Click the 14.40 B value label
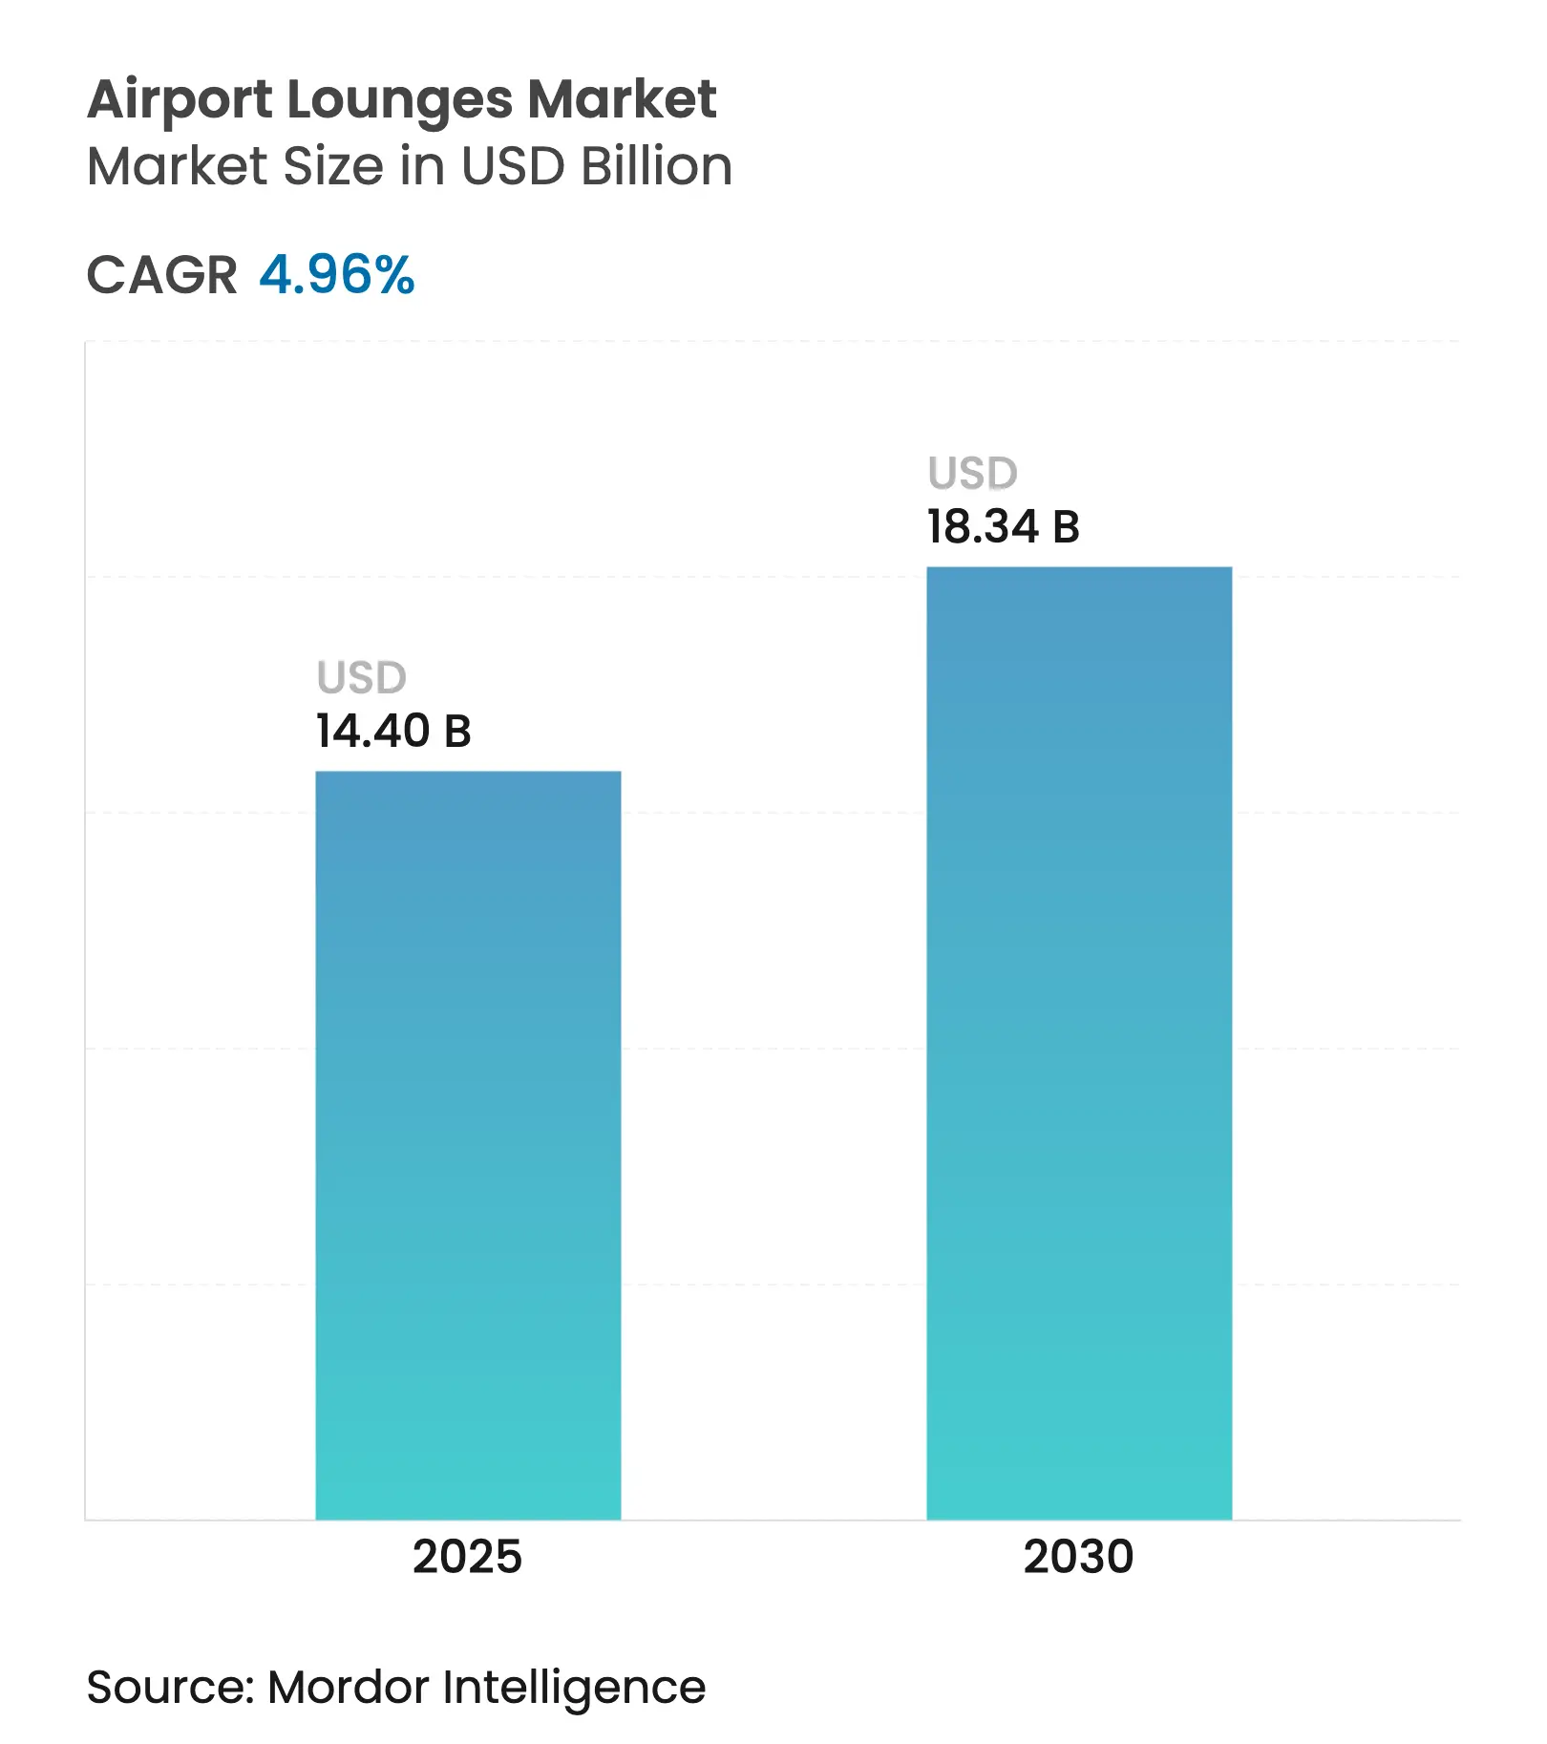[x=393, y=732]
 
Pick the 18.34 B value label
[x=1003, y=527]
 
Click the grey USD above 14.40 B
[x=361, y=678]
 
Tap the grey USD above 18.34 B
[x=972, y=474]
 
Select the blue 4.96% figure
[x=336, y=275]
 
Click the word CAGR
[x=161, y=276]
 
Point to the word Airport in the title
[x=180, y=100]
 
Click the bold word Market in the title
[x=622, y=99]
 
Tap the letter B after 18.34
[x=1066, y=527]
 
